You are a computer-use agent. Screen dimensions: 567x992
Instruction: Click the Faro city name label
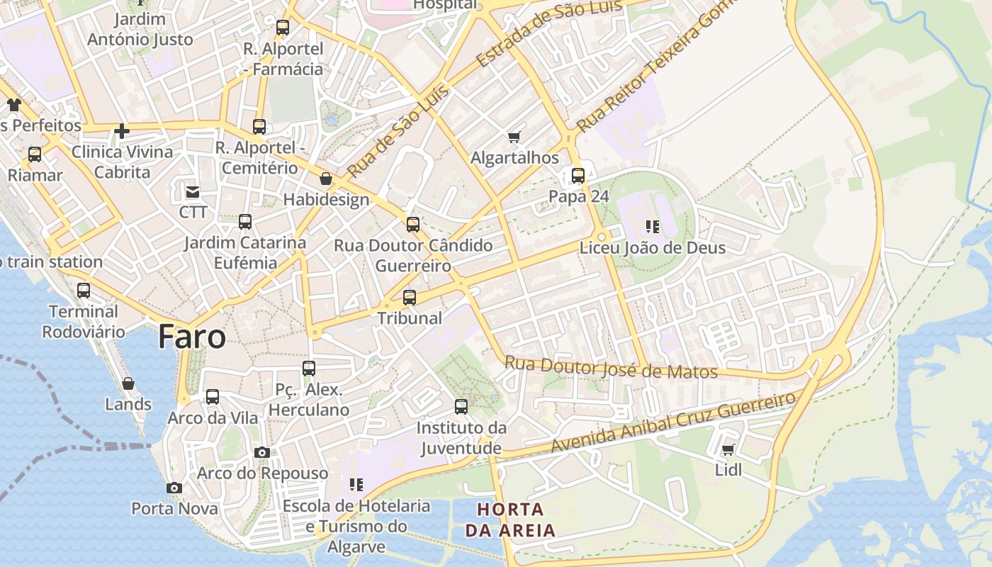pos(192,337)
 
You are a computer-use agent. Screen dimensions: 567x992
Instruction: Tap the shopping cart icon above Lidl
pos(728,449)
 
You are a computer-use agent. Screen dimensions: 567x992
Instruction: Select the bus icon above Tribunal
pos(410,298)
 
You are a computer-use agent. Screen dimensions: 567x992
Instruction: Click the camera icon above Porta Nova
pos(174,488)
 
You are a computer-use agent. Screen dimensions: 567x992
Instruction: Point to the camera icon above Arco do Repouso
pos(262,452)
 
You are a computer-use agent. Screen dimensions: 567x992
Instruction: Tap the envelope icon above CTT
pos(193,191)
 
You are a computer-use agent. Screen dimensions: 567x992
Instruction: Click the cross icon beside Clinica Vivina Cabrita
pos(122,131)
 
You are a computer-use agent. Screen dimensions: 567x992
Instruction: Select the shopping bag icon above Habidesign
pos(326,179)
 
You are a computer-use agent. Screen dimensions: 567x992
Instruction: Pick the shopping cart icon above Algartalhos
pos(514,137)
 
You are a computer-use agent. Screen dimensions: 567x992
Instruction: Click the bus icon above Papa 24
pos(578,176)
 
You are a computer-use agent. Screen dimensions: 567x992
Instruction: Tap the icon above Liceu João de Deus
pos(653,227)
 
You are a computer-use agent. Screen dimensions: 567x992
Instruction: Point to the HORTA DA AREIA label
pos(510,520)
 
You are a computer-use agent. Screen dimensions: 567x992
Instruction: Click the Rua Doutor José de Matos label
pos(611,367)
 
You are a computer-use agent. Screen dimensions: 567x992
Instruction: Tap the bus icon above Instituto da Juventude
pos(461,407)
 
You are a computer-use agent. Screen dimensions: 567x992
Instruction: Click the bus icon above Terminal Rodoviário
pos(84,291)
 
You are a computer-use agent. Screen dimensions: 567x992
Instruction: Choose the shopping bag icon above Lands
pos(128,383)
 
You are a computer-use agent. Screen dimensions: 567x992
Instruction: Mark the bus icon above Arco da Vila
pos(213,397)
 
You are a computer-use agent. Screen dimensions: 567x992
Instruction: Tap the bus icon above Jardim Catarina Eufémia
pos(245,222)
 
